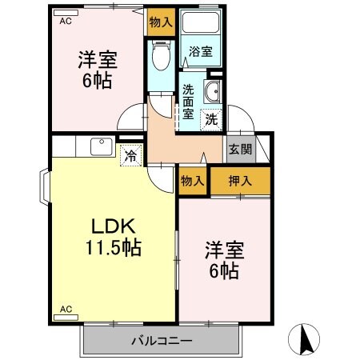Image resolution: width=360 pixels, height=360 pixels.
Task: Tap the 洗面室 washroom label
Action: click(x=188, y=101)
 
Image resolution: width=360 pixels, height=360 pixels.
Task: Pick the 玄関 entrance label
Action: click(x=238, y=148)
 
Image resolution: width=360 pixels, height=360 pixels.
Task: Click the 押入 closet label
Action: click(x=241, y=180)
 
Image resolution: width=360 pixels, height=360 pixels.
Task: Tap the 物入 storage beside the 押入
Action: click(x=193, y=180)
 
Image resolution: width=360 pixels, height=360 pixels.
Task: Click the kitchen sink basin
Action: click(x=101, y=146)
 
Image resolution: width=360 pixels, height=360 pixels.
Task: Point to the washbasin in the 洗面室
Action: click(x=213, y=92)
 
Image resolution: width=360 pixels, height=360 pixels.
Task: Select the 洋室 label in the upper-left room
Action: click(x=94, y=59)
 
